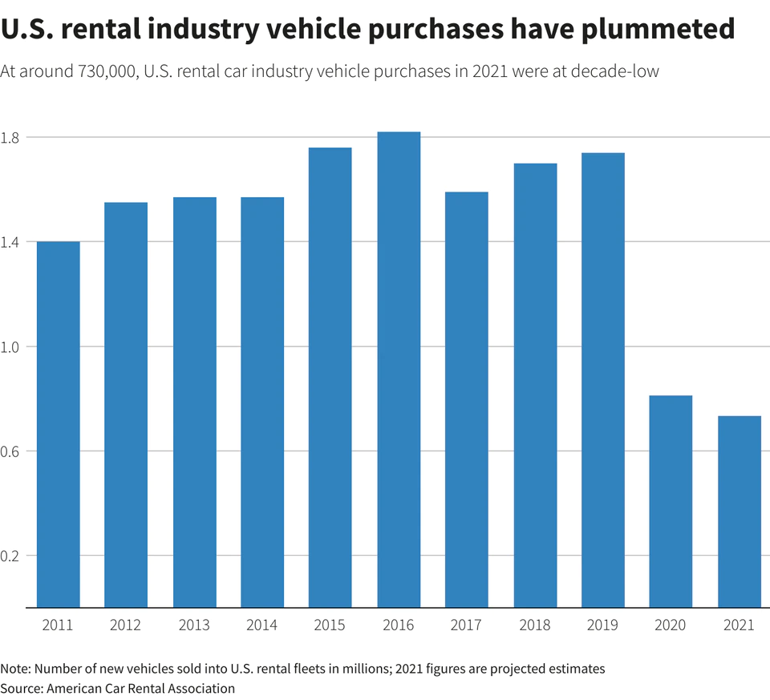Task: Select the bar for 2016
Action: pos(399,369)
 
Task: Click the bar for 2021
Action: pos(740,512)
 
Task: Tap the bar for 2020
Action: pos(671,501)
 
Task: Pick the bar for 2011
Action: pos(59,424)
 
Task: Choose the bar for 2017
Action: pos(467,399)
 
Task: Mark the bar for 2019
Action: pos(603,380)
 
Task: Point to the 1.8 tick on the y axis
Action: pos(11,137)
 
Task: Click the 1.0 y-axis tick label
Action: pos(11,346)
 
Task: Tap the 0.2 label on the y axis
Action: pos(11,556)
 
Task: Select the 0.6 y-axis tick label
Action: pos(11,451)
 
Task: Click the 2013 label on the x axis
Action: pos(194,625)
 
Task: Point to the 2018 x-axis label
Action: pos(535,625)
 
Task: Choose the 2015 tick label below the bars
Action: pos(330,625)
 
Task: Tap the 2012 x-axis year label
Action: pos(126,625)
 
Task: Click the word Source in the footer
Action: pos(20,688)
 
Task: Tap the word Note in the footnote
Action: pos(14,669)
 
